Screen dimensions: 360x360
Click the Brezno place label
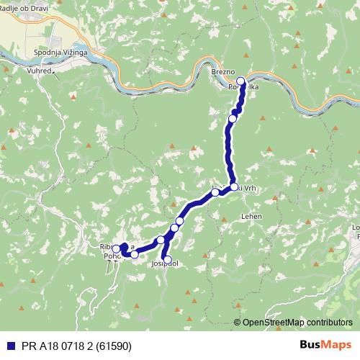pyautogui.click(x=223, y=73)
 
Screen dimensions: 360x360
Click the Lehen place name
pyautogui.click(x=251, y=216)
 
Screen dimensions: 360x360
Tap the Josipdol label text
pyautogui.click(x=165, y=264)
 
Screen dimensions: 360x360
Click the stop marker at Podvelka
pyautogui.click(x=240, y=81)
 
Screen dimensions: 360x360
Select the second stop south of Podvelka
pyautogui.click(x=233, y=118)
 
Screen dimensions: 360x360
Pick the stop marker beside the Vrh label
pyautogui.click(x=234, y=187)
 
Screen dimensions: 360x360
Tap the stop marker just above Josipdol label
pyautogui.click(x=167, y=259)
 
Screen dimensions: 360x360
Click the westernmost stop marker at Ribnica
pyautogui.click(x=116, y=249)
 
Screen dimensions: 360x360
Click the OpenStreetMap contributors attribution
pyautogui.click(x=297, y=323)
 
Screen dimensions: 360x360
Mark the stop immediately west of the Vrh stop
pyautogui.click(x=215, y=192)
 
